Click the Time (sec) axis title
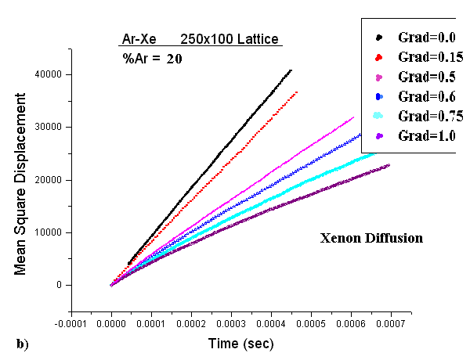(240, 343)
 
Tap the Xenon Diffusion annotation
(371, 238)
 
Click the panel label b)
(22, 343)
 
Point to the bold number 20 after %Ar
(174, 58)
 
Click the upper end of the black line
(291, 70)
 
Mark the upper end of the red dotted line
(297, 92)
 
